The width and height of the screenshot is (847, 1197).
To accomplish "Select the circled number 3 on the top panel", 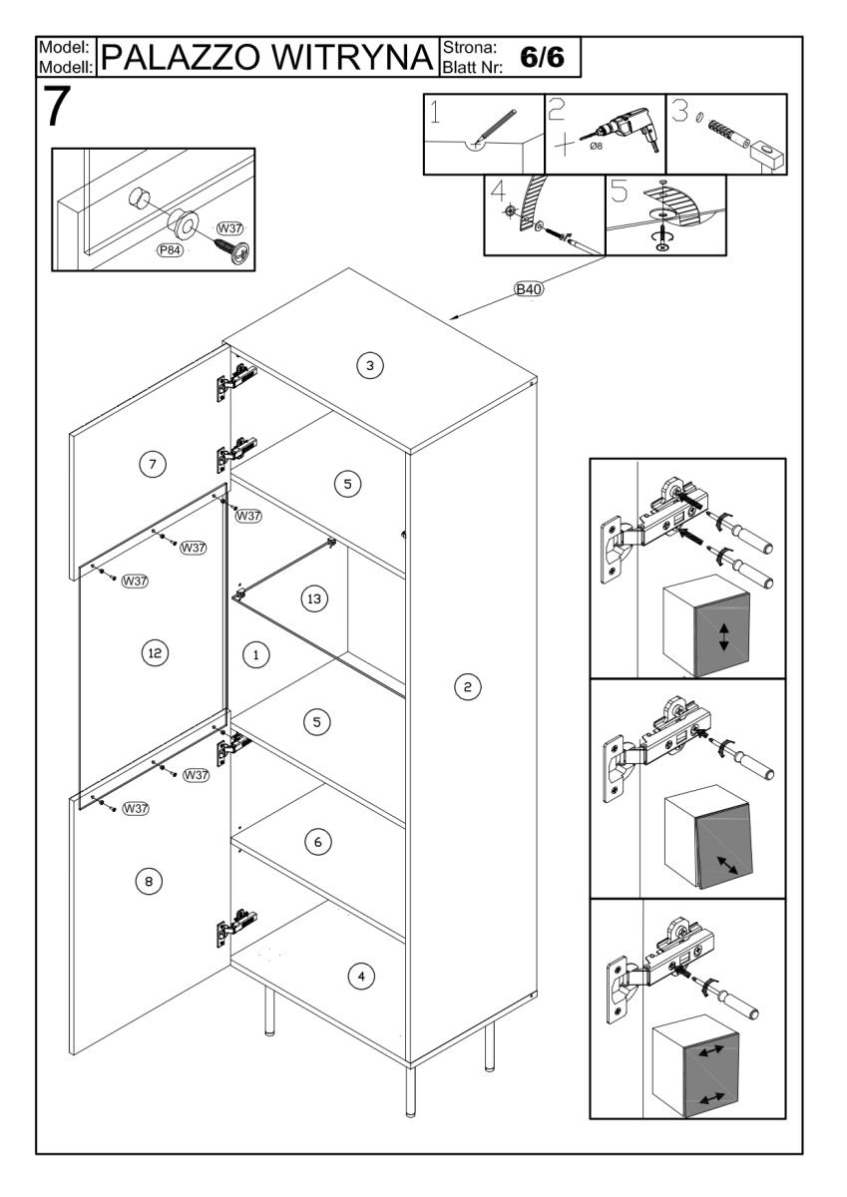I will click(369, 366).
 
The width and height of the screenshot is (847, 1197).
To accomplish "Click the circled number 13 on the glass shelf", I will click(313, 598).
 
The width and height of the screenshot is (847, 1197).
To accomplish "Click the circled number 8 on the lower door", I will click(148, 881).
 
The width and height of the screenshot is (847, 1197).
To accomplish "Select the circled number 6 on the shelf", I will click(316, 842).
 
